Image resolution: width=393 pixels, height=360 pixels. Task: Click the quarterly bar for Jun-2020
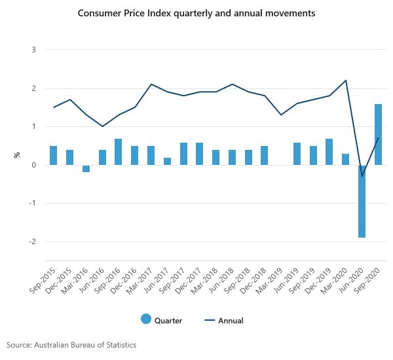[362, 201]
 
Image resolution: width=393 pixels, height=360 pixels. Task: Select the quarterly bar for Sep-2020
[379, 134]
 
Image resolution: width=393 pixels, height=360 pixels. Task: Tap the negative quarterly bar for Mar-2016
[86, 168]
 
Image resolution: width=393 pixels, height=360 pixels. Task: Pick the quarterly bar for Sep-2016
[119, 152]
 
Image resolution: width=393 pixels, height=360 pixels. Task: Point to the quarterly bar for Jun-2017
[168, 161]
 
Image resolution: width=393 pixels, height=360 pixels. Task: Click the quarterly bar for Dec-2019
[329, 152]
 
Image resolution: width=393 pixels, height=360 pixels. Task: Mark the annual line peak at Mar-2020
[346, 81]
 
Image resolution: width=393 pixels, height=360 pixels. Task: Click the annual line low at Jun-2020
[362, 176]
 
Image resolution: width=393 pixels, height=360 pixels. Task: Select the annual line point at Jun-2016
[102, 126]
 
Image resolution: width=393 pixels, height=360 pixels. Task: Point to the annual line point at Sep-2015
[54, 107]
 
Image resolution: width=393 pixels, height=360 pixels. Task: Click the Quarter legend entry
[161, 320]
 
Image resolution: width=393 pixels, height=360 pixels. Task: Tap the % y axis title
[17, 155]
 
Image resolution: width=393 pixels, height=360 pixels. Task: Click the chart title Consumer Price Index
[197, 12]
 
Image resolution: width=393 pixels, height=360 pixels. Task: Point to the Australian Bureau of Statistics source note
[71, 344]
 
